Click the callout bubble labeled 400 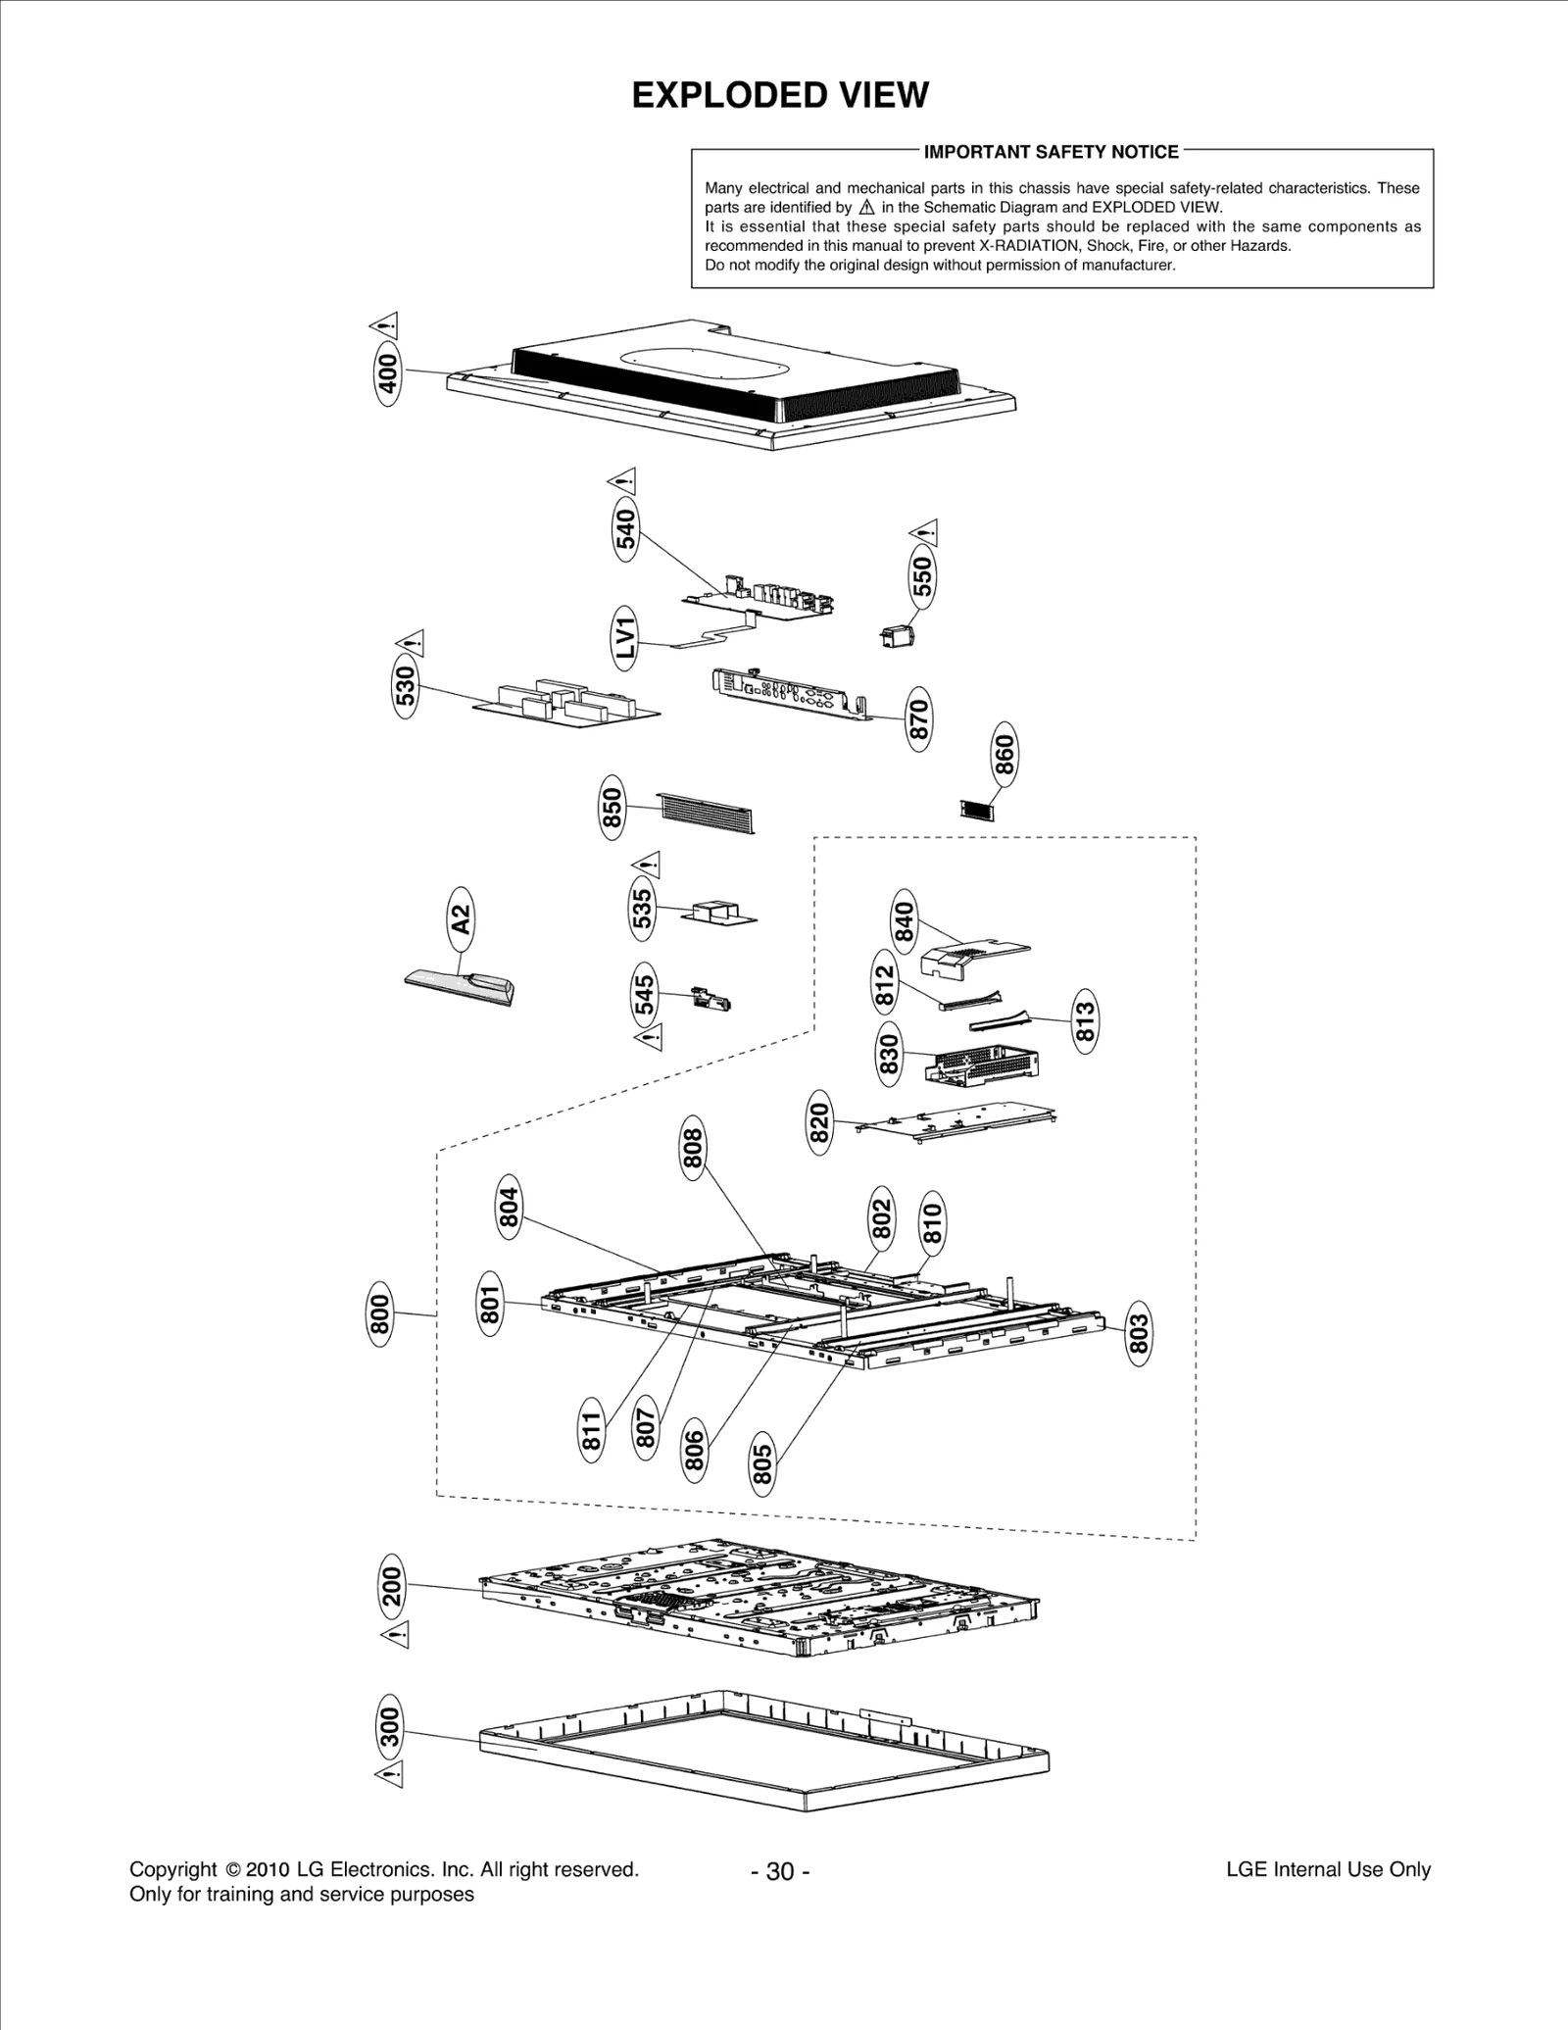tap(389, 373)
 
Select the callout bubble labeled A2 tap(461, 919)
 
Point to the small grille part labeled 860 tap(976, 810)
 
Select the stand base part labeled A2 tap(461, 986)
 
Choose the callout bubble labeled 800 tap(380, 1313)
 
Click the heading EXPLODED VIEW tap(780, 96)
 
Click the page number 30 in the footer tap(780, 1871)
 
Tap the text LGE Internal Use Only tap(1328, 1869)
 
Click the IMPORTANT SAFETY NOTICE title tap(1052, 152)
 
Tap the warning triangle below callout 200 tap(396, 1634)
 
